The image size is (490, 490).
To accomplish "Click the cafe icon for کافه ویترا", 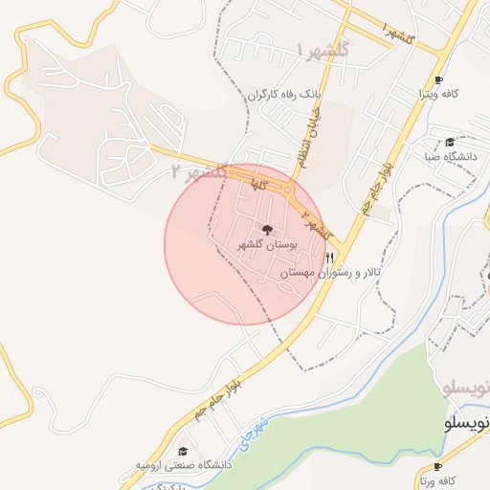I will [x=438, y=79].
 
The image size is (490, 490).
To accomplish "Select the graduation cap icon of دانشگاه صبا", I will [x=450, y=142].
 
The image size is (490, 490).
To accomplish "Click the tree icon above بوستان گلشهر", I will [x=267, y=230].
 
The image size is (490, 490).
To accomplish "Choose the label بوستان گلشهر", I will [x=267, y=246].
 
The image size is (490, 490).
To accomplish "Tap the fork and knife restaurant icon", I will [x=330, y=257].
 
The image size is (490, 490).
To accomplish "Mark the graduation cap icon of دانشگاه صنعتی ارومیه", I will [x=183, y=451].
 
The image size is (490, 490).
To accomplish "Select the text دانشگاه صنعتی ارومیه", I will [x=183, y=465].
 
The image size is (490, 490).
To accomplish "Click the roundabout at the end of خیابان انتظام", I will [x=288, y=190].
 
